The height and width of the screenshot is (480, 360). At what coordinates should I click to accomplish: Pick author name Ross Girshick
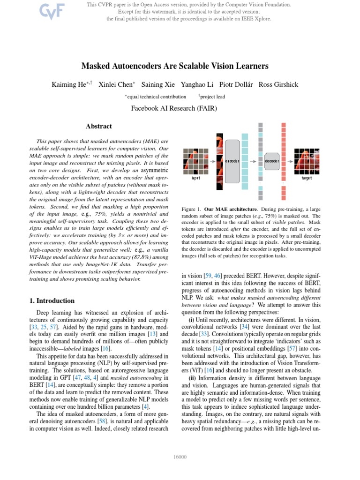point(278,84)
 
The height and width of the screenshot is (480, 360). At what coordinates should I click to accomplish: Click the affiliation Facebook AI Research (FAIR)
point(180,109)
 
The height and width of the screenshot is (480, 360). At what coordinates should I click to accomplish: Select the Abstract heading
point(98,126)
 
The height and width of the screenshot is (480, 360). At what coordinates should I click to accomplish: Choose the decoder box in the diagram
point(272,161)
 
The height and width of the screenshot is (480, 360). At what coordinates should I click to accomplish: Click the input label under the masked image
point(195,178)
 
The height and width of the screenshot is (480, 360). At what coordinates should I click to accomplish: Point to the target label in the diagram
point(307,178)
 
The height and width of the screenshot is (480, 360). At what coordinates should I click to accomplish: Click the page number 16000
point(180,457)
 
